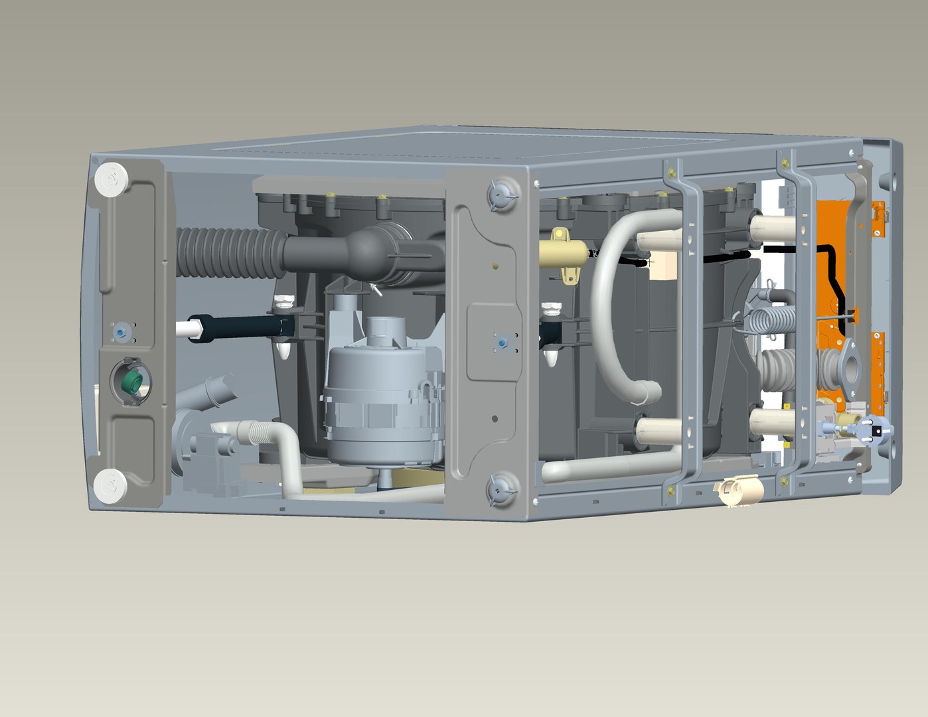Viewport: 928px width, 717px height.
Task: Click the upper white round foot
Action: pos(111,179)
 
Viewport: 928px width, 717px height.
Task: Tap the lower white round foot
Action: pos(110,485)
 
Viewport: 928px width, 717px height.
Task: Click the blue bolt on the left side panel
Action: pos(121,331)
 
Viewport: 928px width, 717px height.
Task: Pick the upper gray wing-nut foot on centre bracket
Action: pos(501,195)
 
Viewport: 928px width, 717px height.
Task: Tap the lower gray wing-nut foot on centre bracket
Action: pos(501,490)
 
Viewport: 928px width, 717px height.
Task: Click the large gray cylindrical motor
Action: pos(382,405)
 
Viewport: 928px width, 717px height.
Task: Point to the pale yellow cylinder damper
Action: pos(564,254)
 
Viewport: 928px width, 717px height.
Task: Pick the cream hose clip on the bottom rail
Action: pos(737,493)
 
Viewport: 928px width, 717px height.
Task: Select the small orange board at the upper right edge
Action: pos(878,219)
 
